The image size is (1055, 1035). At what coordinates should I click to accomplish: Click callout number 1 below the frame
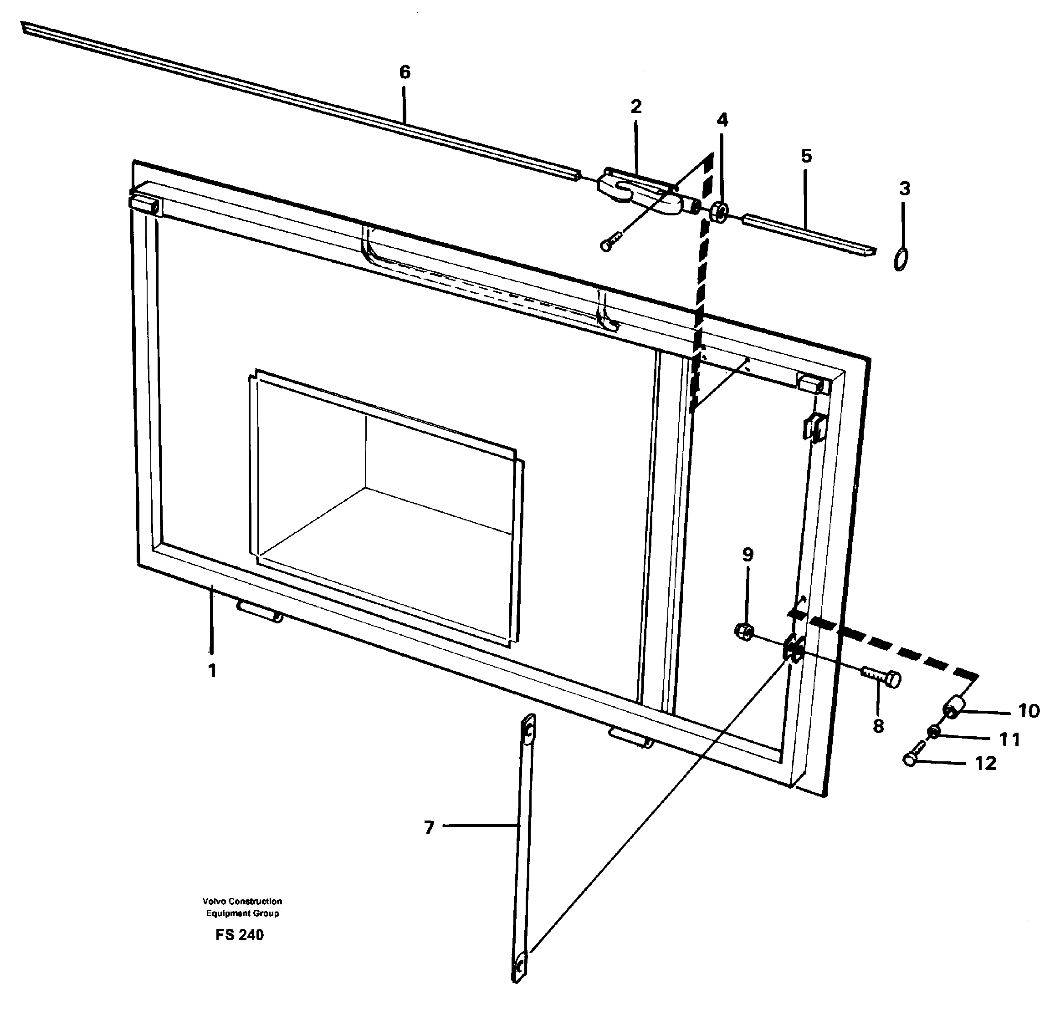[212, 671]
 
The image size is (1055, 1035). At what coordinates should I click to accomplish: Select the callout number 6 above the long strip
[405, 72]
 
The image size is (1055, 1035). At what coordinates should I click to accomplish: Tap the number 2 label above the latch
[636, 106]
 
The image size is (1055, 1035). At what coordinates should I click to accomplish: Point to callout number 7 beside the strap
[429, 828]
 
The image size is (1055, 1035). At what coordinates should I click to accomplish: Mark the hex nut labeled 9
[743, 631]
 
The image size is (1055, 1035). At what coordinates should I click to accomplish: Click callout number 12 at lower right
[985, 763]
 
